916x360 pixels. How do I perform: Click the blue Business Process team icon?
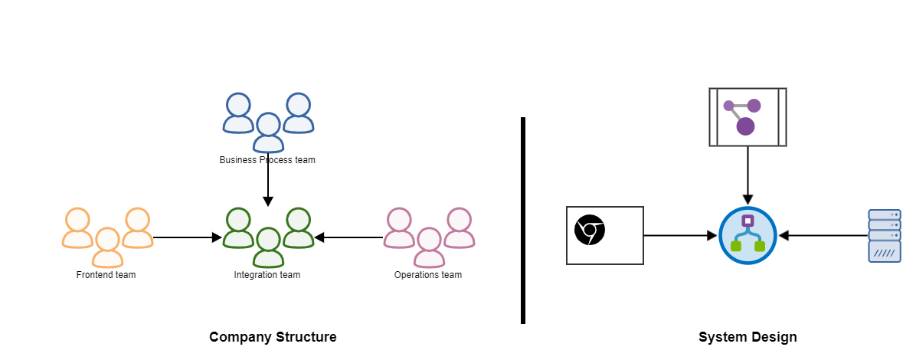tap(267, 123)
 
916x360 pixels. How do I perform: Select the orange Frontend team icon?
tap(107, 237)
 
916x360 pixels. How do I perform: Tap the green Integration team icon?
tap(268, 237)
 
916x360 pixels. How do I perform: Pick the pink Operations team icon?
tap(429, 237)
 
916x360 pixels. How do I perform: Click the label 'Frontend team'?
tap(106, 275)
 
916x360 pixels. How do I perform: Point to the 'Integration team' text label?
tap(267, 275)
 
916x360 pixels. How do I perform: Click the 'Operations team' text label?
tap(428, 275)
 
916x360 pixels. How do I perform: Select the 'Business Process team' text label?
tap(267, 160)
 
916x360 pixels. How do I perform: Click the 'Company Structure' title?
tap(273, 337)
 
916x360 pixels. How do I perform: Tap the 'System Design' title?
tap(748, 337)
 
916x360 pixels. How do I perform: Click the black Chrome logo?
tap(590, 231)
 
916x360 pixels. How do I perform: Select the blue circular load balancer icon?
tap(748, 236)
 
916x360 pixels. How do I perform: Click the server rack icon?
tap(885, 236)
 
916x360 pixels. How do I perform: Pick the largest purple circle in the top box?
tap(745, 126)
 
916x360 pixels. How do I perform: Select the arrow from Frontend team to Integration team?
tap(188, 237)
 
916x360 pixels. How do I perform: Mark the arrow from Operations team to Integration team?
tap(348, 237)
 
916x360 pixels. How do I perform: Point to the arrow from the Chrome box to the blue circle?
tap(680, 236)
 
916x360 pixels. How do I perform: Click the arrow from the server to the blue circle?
tap(823, 236)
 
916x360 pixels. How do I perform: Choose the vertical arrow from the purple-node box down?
tap(748, 176)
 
